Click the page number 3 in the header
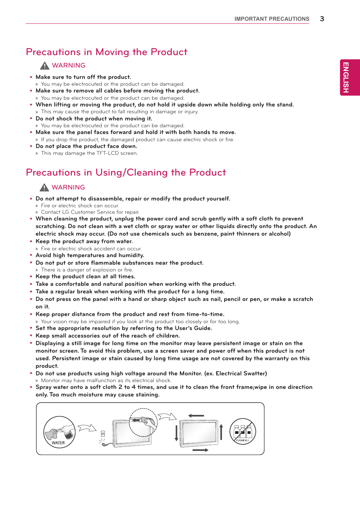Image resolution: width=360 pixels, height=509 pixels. click(322, 19)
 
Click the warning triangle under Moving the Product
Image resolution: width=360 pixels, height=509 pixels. click(45, 66)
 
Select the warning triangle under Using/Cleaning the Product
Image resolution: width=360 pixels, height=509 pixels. click(44, 187)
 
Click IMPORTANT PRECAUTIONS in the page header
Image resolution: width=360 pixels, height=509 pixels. click(272, 19)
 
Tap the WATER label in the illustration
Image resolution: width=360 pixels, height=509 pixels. click(58, 443)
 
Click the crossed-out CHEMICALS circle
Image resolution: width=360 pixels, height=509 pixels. click(243, 431)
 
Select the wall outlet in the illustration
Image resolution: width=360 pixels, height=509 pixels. click(103, 433)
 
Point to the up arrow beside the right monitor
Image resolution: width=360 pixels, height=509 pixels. click(221, 432)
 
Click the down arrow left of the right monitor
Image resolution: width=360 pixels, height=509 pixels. click(176, 433)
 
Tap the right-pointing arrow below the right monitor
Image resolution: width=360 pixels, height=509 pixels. click(200, 450)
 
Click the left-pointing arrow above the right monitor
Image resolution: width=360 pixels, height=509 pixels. click(196, 415)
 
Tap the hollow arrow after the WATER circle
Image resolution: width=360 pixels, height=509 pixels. click(87, 428)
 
